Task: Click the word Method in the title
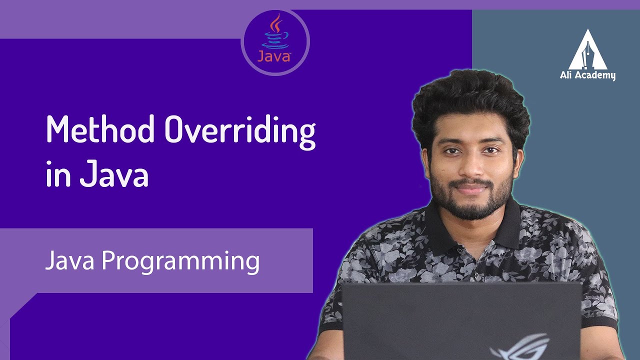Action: (100, 130)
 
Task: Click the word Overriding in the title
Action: (240, 130)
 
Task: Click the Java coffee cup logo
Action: (274, 32)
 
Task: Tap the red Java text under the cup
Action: (274, 56)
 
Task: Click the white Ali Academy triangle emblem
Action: (588, 50)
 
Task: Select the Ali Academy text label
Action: (588, 75)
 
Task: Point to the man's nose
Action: (470, 167)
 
